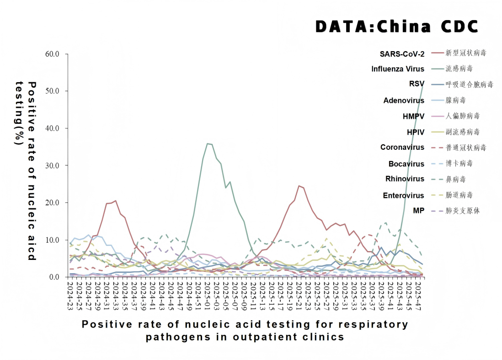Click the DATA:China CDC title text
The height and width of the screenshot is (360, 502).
[x=396, y=26]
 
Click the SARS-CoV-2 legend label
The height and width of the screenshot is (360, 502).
[x=402, y=53]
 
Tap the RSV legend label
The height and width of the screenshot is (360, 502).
[x=417, y=84]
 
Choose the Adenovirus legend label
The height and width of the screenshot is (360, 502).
[x=404, y=101]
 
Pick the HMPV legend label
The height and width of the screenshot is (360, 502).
[x=413, y=116]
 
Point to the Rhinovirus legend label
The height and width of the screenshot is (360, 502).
[x=404, y=179]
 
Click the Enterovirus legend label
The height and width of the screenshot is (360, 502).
[x=403, y=196]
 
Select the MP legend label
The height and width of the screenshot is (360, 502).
[x=419, y=211]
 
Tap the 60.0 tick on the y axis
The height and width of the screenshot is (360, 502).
[x=52, y=54]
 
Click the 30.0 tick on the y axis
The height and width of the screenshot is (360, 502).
[x=52, y=165]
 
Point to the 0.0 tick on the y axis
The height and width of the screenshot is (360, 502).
[x=54, y=277]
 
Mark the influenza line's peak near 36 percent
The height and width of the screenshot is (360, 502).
[x=208, y=143]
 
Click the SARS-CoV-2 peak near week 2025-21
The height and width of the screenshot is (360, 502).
[x=299, y=185]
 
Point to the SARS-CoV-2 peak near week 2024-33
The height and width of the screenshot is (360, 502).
[x=116, y=201]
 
